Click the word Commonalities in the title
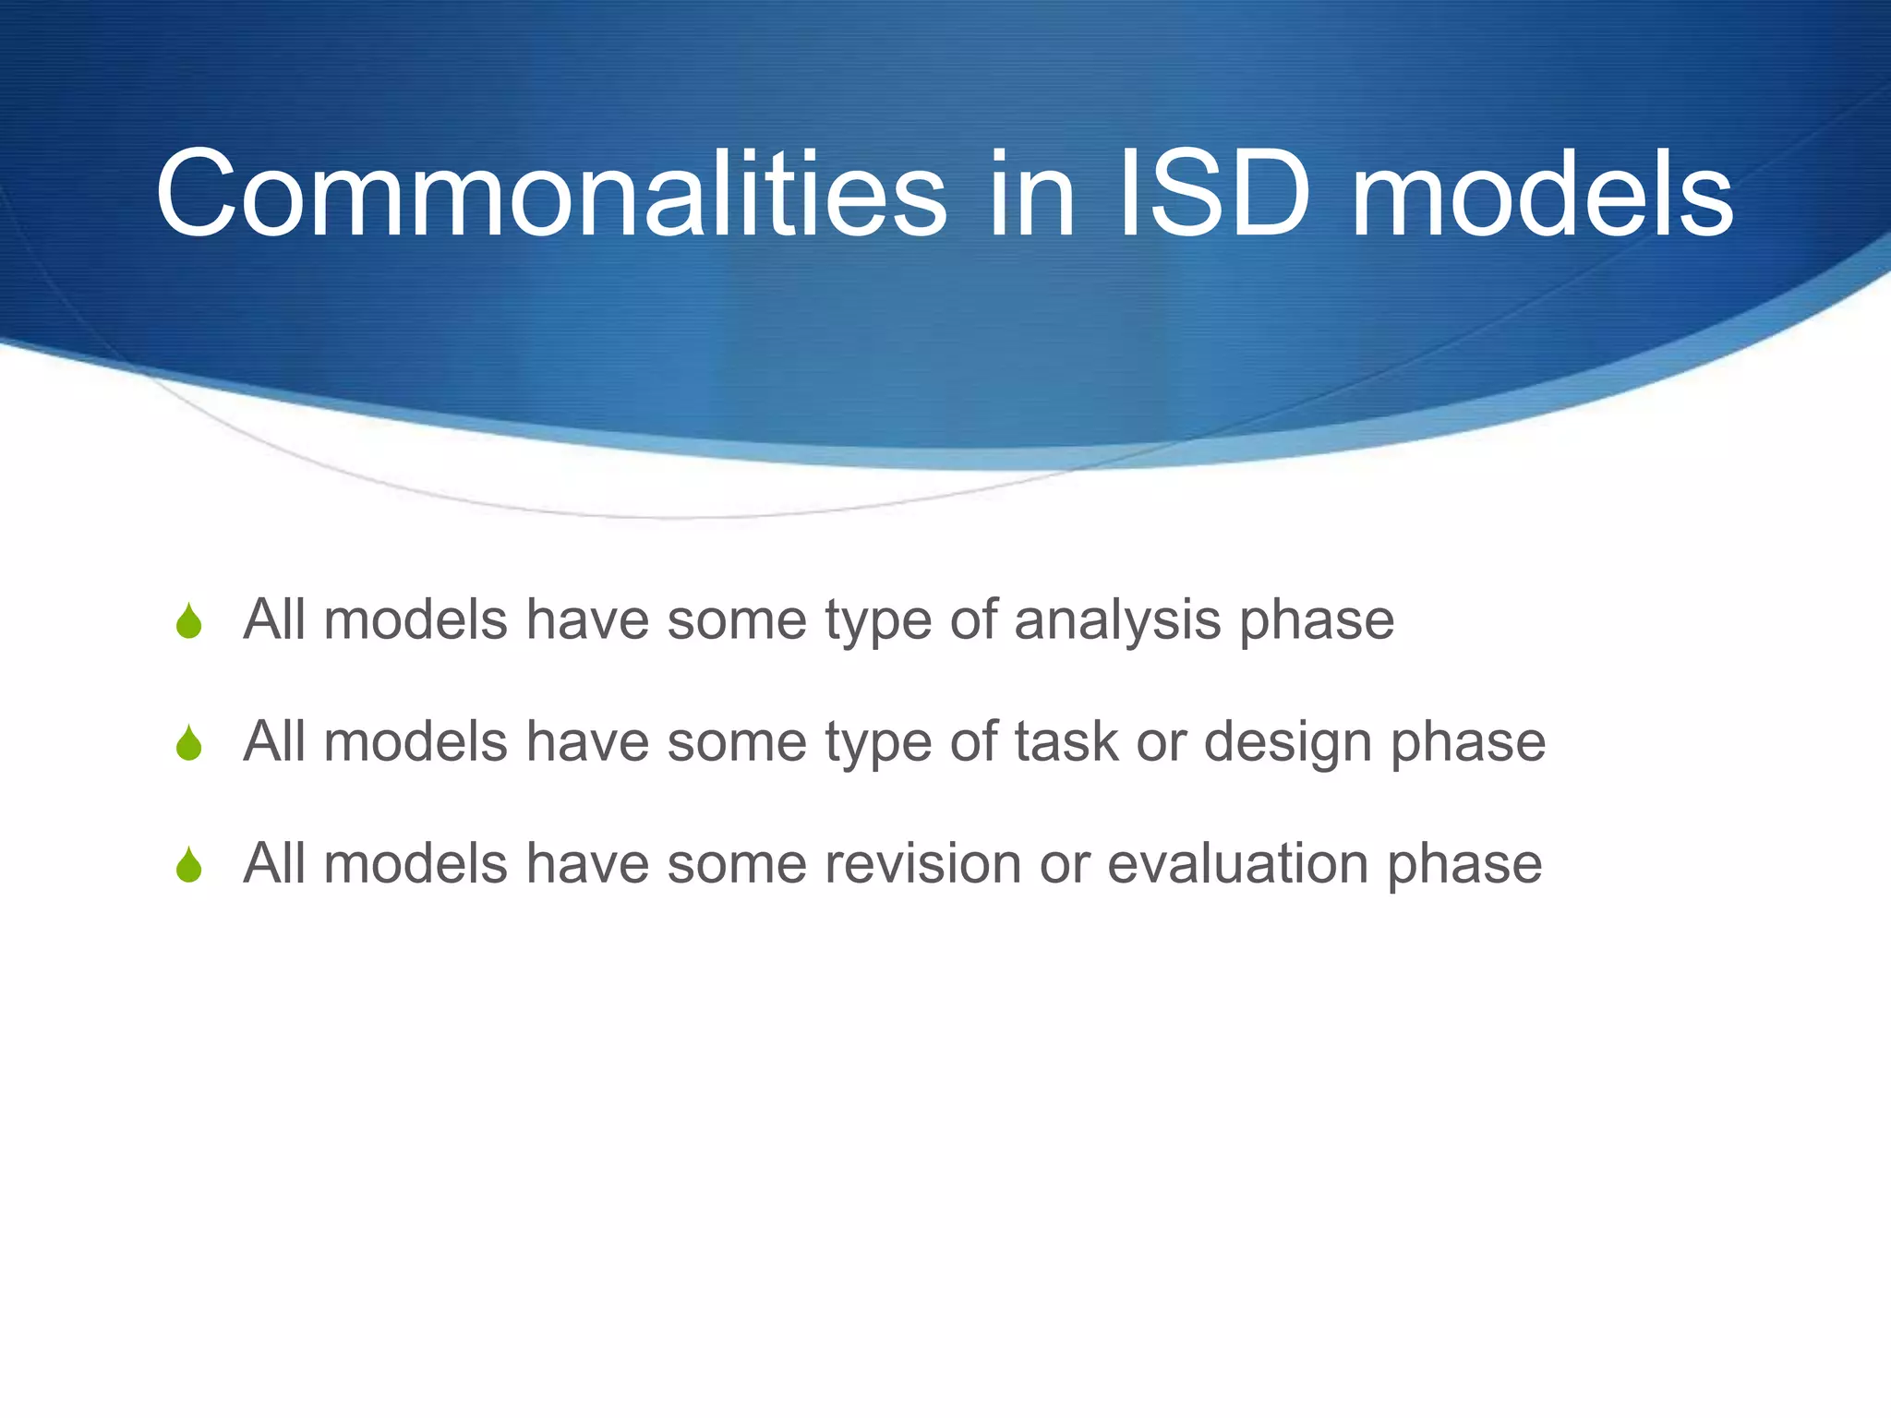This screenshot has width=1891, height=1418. (551, 195)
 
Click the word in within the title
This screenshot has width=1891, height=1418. (1030, 195)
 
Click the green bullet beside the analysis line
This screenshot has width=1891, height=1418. (189, 621)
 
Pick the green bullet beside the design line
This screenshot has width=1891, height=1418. (189, 743)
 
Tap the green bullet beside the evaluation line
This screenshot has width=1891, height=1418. (189, 865)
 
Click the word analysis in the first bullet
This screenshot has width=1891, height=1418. (1117, 620)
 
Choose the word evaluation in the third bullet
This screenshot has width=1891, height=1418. (1237, 864)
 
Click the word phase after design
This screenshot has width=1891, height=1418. (1468, 743)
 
